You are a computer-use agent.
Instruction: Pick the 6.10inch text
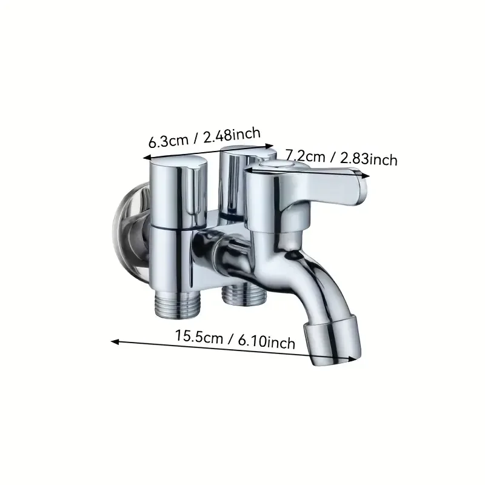point(268,343)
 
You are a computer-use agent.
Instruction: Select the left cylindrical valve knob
point(178,188)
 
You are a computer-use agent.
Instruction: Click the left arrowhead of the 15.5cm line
point(114,341)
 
